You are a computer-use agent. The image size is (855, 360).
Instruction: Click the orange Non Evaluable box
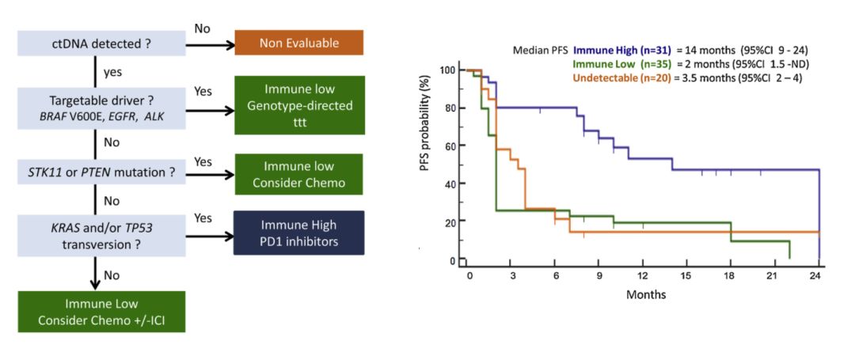[x=298, y=43]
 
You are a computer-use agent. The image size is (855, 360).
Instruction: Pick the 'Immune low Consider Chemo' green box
[x=298, y=175]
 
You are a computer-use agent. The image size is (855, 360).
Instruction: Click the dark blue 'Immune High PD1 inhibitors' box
[x=298, y=233]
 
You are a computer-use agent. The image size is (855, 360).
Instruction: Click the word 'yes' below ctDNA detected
[x=113, y=72]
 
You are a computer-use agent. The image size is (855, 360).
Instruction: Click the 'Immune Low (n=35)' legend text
[x=621, y=63]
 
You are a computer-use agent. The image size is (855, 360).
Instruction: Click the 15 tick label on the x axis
[x=686, y=275]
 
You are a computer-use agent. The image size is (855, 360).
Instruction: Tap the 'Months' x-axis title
[x=646, y=294]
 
